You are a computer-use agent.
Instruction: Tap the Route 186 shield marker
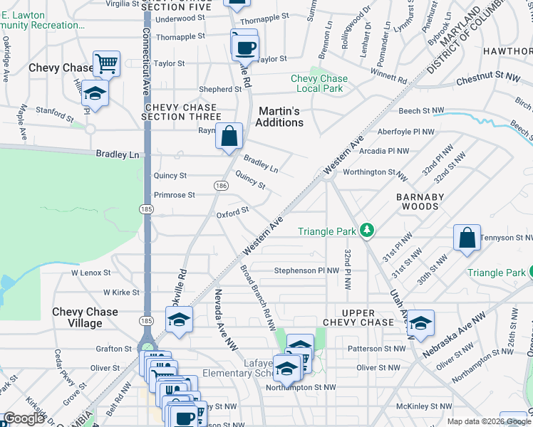coord(222,185)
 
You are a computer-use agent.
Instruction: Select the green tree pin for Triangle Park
coord(367,230)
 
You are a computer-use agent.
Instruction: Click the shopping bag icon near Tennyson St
coord(467,238)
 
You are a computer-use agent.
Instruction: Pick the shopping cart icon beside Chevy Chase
coord(106,64)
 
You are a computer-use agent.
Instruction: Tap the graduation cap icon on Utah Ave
coord(421,323)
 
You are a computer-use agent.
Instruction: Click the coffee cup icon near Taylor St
coord(246,48)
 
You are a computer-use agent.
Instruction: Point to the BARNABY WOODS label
coord(415,201)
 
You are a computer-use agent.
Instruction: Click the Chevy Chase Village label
coord(86,317)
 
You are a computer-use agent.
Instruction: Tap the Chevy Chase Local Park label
coord(319,83)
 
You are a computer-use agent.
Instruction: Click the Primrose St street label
coord(174,195)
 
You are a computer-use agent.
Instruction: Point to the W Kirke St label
coord(121,292)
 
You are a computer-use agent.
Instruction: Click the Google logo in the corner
coord(24,418)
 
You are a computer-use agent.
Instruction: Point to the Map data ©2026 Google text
coord(488,421)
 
